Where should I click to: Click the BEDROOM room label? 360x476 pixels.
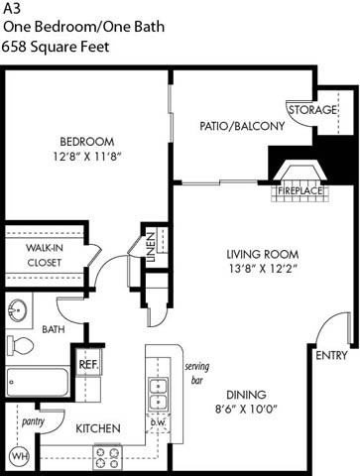pyautogui.click(x=87, y=141)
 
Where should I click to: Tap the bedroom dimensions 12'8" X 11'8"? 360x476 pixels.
pyautogui.click(x=87, y=156)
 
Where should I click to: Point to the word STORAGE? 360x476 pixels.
pyautogui.click(x=313, y=109)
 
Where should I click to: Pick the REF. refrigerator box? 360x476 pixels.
pyautogui.click(x=88, y=364)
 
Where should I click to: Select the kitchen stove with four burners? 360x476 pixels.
pyautogui.click(x=107, y=457)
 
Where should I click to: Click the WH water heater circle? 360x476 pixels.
pyautogui.click(x=18, y=456)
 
